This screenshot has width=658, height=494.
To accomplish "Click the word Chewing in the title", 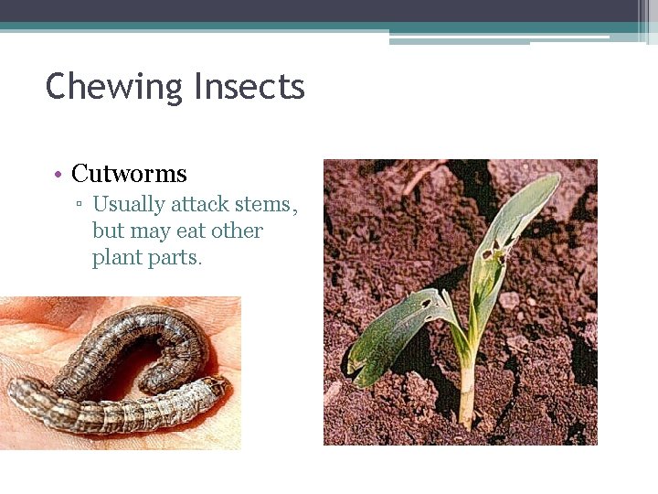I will pos(114,88).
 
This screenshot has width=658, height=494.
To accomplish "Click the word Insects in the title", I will pos(249,88).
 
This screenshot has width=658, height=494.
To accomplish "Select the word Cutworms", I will pos(129,173).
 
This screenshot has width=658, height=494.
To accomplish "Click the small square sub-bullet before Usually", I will pos(80,205).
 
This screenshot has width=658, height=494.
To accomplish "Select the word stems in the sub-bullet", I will pos(265,204).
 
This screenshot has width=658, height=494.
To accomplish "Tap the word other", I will pos(237,231).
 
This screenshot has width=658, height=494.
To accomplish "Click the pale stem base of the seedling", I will pos(467,399).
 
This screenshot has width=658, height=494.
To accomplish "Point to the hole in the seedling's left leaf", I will pos(425,303).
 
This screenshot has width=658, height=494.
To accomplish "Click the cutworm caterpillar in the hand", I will pos(119,375).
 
